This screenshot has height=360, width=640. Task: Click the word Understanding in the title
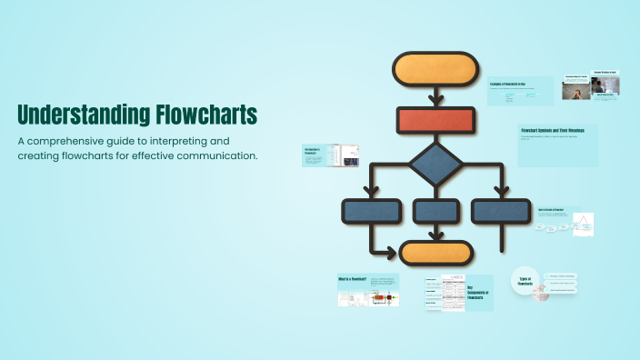point(72,115)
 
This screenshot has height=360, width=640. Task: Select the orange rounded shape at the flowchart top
point(435,71)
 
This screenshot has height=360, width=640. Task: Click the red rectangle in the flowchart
point(435,120)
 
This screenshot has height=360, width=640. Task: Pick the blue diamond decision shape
point(435,165)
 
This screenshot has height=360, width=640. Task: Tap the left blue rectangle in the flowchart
point(371,211)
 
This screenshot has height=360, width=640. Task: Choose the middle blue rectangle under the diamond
point(435,211)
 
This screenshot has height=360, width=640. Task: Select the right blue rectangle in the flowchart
point(501,211)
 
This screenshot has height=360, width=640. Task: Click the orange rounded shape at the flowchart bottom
point(436,253)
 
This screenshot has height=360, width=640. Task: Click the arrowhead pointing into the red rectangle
point(435,101)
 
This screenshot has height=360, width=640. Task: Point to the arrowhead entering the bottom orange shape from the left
point(393,252)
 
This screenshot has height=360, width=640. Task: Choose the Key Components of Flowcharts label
point(478,292)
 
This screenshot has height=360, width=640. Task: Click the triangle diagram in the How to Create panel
point(583,224)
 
